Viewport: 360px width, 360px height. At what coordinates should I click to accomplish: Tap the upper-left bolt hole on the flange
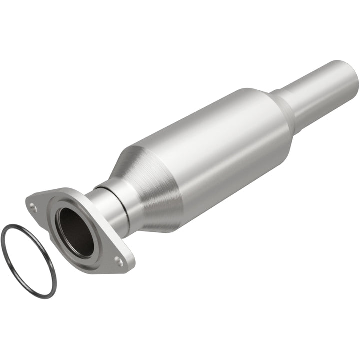pyautogui.click(x=33, y=204)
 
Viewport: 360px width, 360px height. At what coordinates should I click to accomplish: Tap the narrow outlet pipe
pyautogui.click(x=320, y=95)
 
